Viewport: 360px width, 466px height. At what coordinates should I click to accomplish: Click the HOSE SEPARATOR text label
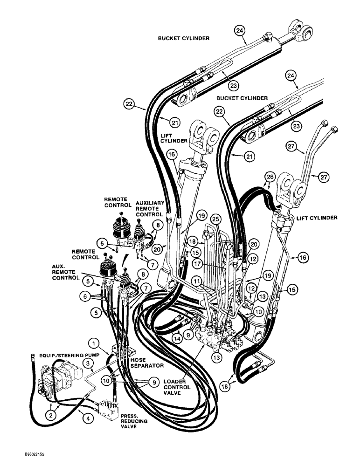click(x=148, y=363)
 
